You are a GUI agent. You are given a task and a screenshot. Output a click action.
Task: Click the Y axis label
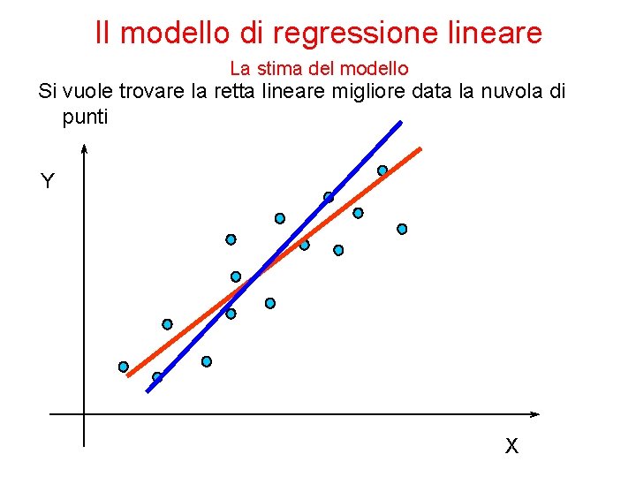click(x=48, y=182)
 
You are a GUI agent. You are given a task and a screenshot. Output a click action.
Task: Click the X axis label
click(x=511, y=446)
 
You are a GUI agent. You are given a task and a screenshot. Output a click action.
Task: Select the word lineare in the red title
click(x=498, y=33)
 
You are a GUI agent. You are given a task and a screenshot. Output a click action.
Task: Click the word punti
click(x=85, y=116)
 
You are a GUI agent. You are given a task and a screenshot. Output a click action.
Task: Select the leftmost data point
click(x=124, y=367)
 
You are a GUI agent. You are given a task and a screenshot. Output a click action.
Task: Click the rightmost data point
click(x=402, y=229)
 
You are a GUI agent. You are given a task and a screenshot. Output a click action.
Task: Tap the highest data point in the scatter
click(x=382, y=170)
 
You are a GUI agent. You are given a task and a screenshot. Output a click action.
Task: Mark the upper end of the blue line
click(x=399, y=122)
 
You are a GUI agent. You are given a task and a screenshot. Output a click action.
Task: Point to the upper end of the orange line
click(x=420, y=148)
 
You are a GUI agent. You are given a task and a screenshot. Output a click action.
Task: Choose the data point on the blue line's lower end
click(x=157, y=377)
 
